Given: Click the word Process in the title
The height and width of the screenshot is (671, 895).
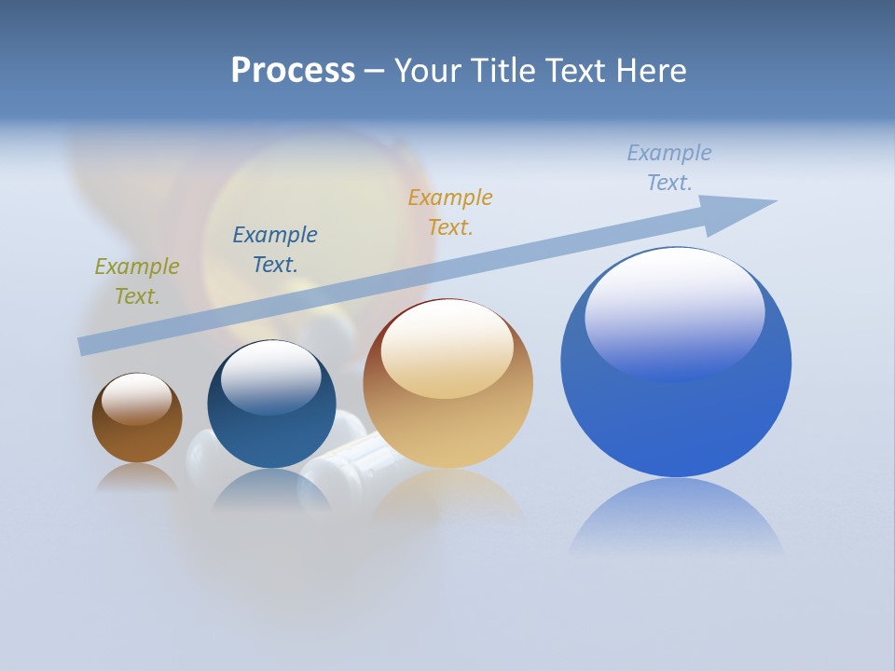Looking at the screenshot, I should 293,71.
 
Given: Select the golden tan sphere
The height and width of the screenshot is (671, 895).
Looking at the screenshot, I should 448,419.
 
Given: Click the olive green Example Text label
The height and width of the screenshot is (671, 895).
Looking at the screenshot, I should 137,281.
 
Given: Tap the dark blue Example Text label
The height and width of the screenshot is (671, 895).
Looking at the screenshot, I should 275,250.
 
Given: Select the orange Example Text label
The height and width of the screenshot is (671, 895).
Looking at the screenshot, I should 450,212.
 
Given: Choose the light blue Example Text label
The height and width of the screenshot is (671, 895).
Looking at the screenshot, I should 669,168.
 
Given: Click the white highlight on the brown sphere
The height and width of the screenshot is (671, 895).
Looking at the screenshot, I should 137,398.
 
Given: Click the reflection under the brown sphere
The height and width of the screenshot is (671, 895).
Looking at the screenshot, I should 137,477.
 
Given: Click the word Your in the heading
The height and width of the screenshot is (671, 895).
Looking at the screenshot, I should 424,71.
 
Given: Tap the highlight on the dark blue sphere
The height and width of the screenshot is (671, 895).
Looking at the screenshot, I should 271,377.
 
